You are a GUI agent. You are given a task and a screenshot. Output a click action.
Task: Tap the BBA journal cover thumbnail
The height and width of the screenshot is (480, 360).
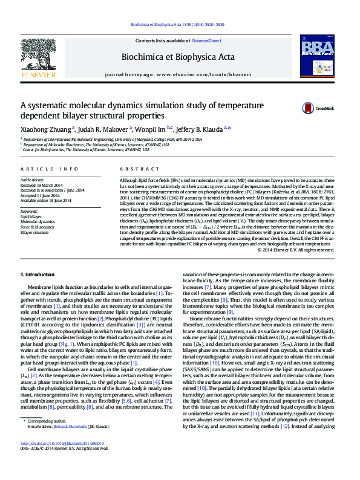[x=318, y=56]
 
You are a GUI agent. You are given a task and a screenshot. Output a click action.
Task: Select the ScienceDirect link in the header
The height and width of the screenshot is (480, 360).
[x=206, y=41]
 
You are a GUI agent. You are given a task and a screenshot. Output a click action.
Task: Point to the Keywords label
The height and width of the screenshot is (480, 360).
[x=30, y=210]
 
